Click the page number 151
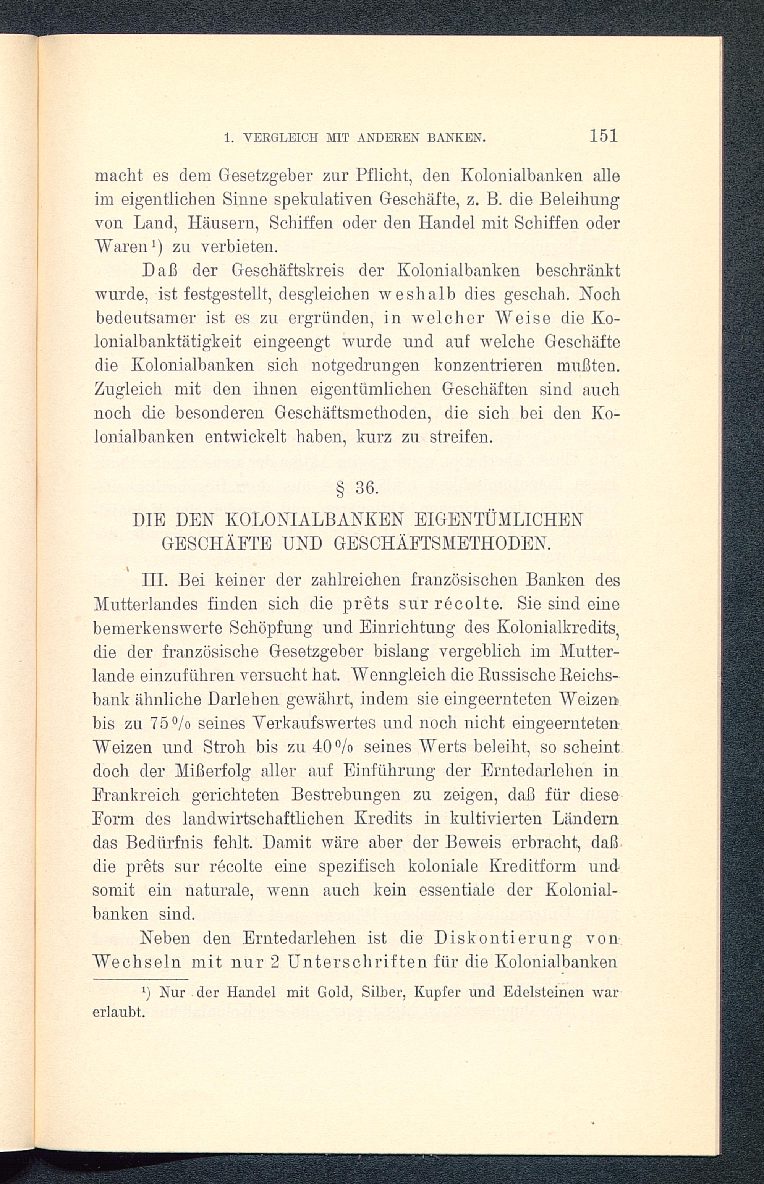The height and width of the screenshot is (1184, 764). [603, 136]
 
